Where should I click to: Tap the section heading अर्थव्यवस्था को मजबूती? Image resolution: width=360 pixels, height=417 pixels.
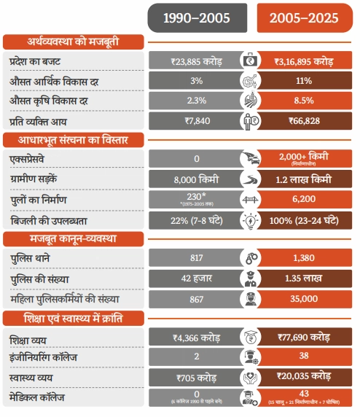point(70,42)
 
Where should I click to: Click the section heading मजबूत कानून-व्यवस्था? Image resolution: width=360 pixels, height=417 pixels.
point(70,238)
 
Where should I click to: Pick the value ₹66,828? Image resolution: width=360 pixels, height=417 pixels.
point(305,120)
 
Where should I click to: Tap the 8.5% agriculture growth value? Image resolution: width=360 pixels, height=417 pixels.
point(305,101)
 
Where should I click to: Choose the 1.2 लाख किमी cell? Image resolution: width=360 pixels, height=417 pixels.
point(305,179)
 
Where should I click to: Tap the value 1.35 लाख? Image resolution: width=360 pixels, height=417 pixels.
point(305,278)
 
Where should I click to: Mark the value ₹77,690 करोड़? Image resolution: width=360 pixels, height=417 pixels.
point(305,338)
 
